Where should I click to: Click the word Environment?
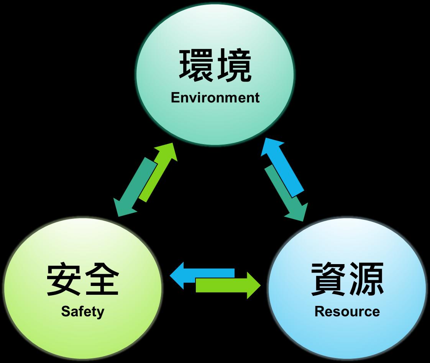(x=215, y=97)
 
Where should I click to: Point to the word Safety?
(x=82, y=311)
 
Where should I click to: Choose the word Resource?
(x=347, y=311)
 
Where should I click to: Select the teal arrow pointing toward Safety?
(x=134, y=186)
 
